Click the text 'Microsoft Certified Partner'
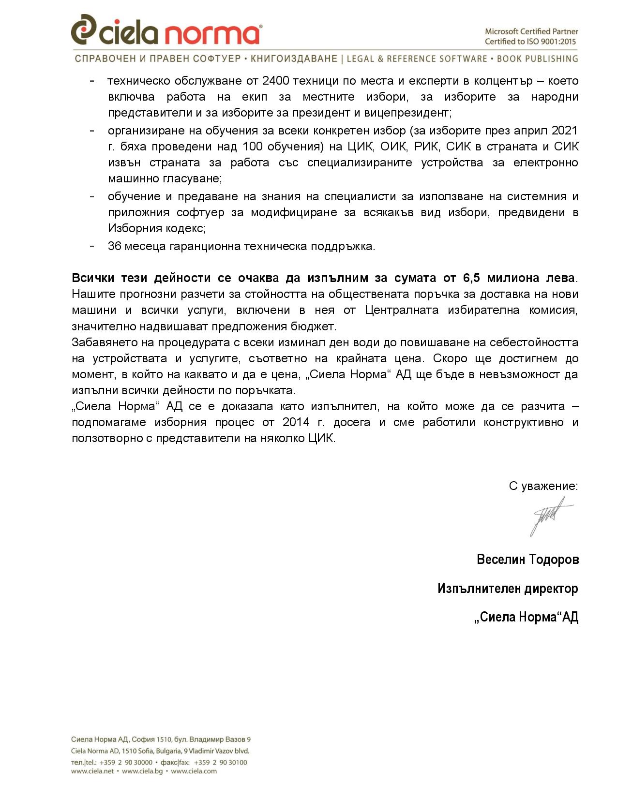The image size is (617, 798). click(531, 31)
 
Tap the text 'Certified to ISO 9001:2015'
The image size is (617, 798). click(530, 42)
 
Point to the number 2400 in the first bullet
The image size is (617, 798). click(276, 81)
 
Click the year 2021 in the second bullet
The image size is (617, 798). click(564, 131)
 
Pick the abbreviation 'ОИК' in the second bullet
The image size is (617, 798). click(393, 147)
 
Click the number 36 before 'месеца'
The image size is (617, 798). click(114, 246)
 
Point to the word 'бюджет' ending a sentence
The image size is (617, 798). click(315, 326)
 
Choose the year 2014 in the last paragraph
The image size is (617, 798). click(296, 422)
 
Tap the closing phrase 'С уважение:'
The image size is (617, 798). click(543, 486)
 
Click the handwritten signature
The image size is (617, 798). click(549, 516)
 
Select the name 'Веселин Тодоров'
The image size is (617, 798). click(527, 560)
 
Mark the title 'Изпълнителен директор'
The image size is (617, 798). click(508, 589)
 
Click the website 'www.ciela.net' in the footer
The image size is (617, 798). click(92, 771)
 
